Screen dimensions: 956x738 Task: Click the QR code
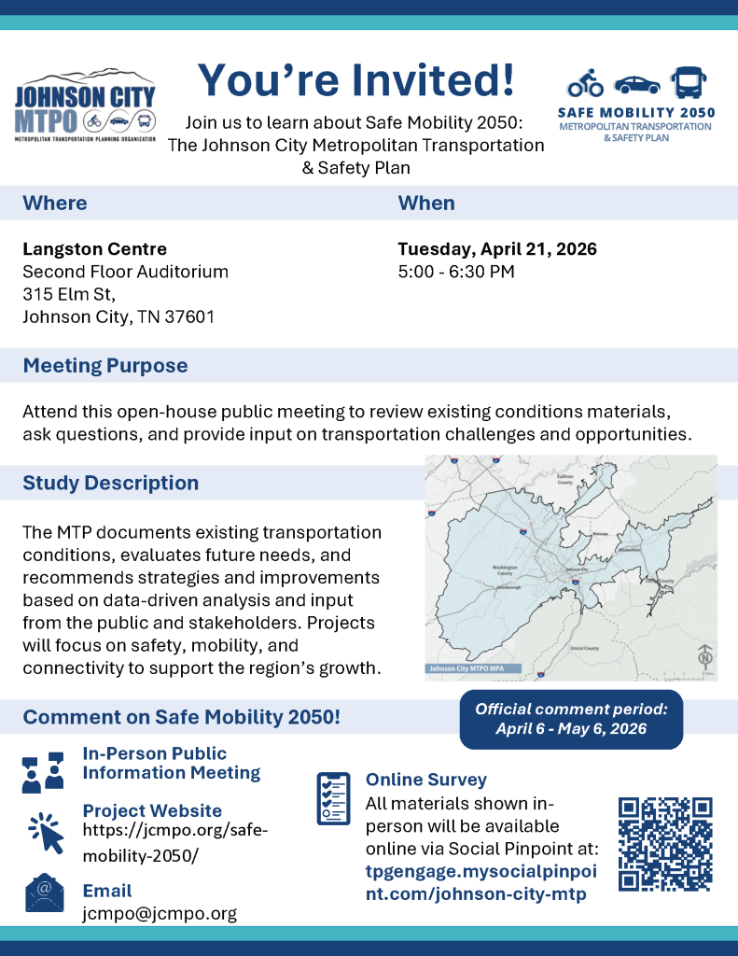click(x=665, y=843)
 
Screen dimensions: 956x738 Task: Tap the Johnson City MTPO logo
click(x=86, y=106)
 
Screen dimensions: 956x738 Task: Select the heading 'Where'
click(x=55, y=203)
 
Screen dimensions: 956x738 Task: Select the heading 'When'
click(x=426, y=203)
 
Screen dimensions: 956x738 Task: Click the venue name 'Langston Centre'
click(x=95, y=249)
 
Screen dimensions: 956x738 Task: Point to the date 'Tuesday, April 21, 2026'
click(x=497, y=249)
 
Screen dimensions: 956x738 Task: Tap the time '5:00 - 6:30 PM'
click(x=456, y=272)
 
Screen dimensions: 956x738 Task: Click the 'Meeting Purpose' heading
click(x=105, y=365)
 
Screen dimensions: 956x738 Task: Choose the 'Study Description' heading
click(x=111, y=483)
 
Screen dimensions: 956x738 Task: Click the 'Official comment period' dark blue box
click(x=571, y=719)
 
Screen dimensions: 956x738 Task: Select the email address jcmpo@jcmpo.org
click(x=160, y=913)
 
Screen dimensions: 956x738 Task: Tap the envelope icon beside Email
click(x=44, y=893)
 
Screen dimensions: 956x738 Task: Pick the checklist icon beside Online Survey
click(x=334, y=796)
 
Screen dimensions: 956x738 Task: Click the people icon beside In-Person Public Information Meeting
click(x=43, y=771)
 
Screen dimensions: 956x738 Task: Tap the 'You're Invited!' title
click(x=355, y=79)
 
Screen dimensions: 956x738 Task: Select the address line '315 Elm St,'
click(x=69, y=294)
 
